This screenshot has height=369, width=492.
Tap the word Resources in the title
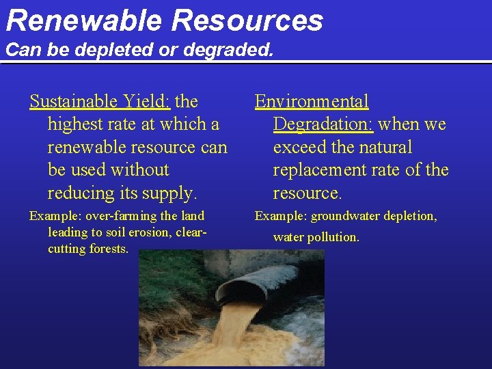click(247, 20)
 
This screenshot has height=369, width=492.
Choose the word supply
click(172, 193)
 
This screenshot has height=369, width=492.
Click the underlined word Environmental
click(312, 102)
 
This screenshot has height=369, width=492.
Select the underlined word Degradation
click(323, 124)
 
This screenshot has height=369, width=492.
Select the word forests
click(109, 249)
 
